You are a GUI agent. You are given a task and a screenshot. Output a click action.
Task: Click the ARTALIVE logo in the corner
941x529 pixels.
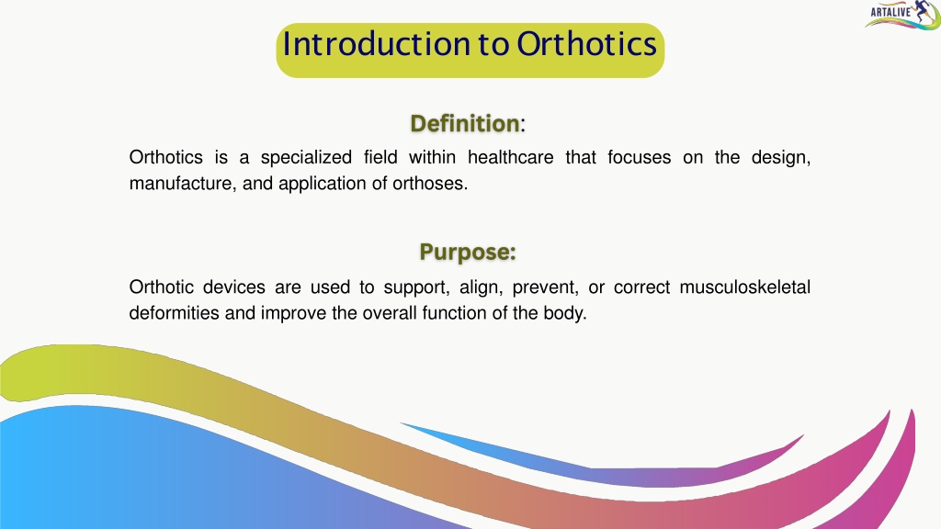pos(902,15)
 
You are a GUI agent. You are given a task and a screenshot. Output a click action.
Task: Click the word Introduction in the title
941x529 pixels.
pos(377,44)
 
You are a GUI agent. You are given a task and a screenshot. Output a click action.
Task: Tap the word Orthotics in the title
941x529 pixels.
pos(587,44)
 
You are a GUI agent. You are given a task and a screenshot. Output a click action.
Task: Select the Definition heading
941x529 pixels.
pos(465,124)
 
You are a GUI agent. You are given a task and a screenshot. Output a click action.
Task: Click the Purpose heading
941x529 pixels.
pos(468,252)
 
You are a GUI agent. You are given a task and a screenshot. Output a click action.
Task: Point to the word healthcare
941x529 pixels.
pos(511,157)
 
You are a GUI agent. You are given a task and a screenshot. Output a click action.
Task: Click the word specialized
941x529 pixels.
pos(306,158)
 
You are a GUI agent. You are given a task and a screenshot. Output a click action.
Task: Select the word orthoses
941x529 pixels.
pos(430,184)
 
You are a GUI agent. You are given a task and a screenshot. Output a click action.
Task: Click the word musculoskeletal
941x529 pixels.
pos(744,287)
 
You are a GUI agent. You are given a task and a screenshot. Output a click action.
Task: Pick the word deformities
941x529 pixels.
pos(174,313)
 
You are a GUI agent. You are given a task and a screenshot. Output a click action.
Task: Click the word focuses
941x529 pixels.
pos(640,157)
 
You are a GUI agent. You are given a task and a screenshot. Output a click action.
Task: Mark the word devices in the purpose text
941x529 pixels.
pos(234,287)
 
